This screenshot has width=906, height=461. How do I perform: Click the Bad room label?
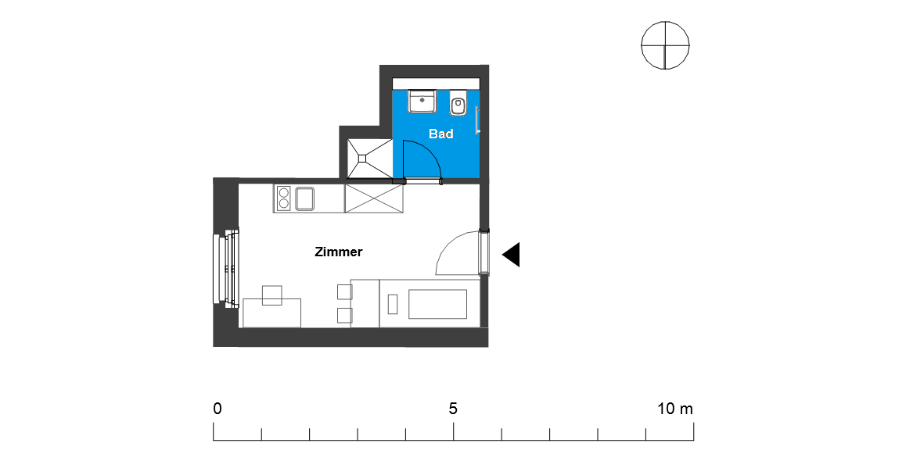(440, 134)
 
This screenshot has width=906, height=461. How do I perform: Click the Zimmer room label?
(339, 252)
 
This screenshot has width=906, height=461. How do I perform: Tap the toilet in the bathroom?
(458, 105)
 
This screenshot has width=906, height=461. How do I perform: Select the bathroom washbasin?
(422, 102)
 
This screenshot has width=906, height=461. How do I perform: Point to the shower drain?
(362, 158)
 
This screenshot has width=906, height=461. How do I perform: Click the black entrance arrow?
(511, 255)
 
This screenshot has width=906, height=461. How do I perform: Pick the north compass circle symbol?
(665, 45)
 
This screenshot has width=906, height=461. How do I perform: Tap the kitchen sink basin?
(304, 198)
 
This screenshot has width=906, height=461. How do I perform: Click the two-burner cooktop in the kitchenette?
(284, 198)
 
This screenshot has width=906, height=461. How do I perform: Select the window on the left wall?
(226, 268)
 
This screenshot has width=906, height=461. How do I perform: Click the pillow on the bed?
(393, 304)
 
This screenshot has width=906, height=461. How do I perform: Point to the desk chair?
(272, 295)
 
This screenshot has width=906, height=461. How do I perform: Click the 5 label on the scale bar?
(453, 409)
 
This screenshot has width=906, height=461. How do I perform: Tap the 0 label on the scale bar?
(218, 409)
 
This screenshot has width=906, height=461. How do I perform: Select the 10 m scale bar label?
(675, 409)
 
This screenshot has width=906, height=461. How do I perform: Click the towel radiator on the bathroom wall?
(477, 120)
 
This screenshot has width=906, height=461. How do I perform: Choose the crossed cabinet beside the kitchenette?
(373, 199)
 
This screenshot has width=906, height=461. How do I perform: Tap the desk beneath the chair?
(272, 313)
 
